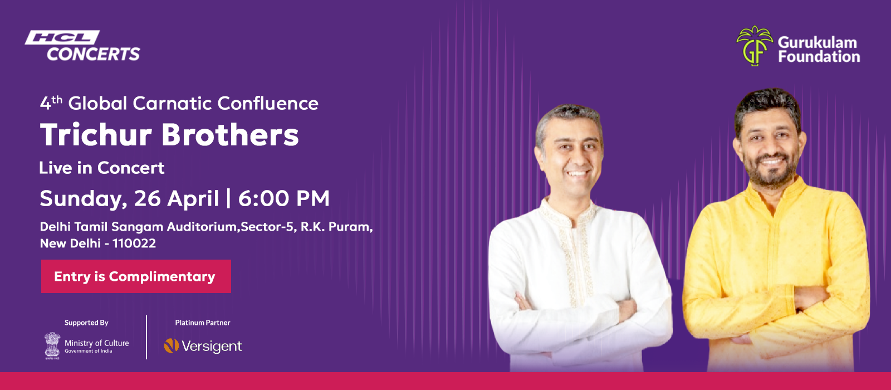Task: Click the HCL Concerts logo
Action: click(x=83, y=46)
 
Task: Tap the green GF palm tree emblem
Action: click(x=754, y=46)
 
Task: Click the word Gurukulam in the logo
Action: click(x=817, y=42)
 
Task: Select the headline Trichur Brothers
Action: click(x=169, y=135)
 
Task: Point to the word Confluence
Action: click(x=268, y=103)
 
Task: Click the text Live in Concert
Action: click(x=102, y=168)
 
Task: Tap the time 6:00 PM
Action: click(x=284, y=198)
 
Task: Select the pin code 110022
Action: click(x=134, y=243)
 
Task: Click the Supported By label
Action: click(x=86, y=323)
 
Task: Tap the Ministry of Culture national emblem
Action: click(x=52, y=346)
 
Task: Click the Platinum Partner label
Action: click(x=203, y=323)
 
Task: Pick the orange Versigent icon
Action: click(x=171, y=345)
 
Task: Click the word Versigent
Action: click(x=212, y=346)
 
